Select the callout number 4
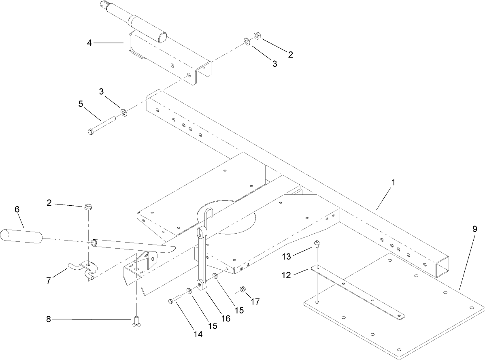pyautogui.click(x=89, y=42)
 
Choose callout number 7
pyautogui.click(x=49, y=281)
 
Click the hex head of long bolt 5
pyautogui.click(x=91, y=132)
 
